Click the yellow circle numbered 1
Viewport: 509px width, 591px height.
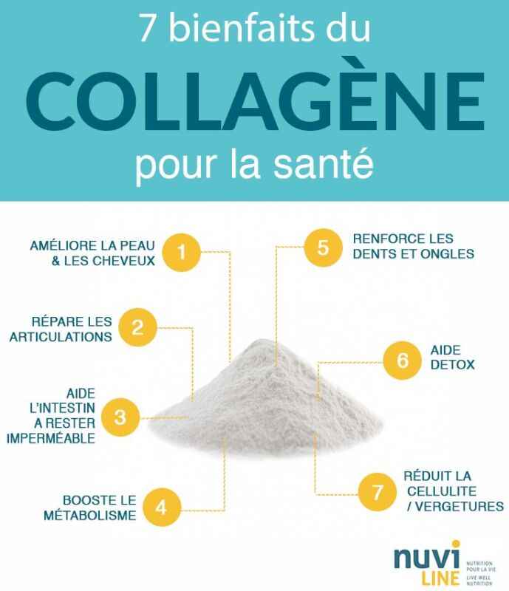[x=182, y=253]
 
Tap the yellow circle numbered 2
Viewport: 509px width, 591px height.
[x=138, y=328]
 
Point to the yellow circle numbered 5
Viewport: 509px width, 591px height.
[x=323, y=247]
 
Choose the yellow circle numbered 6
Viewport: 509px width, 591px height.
[x=403, y=360]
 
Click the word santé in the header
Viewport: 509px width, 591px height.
[x=334, y=163]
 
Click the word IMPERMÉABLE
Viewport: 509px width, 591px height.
[x=50, y=438]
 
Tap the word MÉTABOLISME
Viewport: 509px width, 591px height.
[x=91, y=516]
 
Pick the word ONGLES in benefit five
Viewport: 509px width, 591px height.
[x=449, y=253]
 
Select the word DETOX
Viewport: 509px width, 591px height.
[x=452, y=365]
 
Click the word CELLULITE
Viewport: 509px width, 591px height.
[x=440, y=491]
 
